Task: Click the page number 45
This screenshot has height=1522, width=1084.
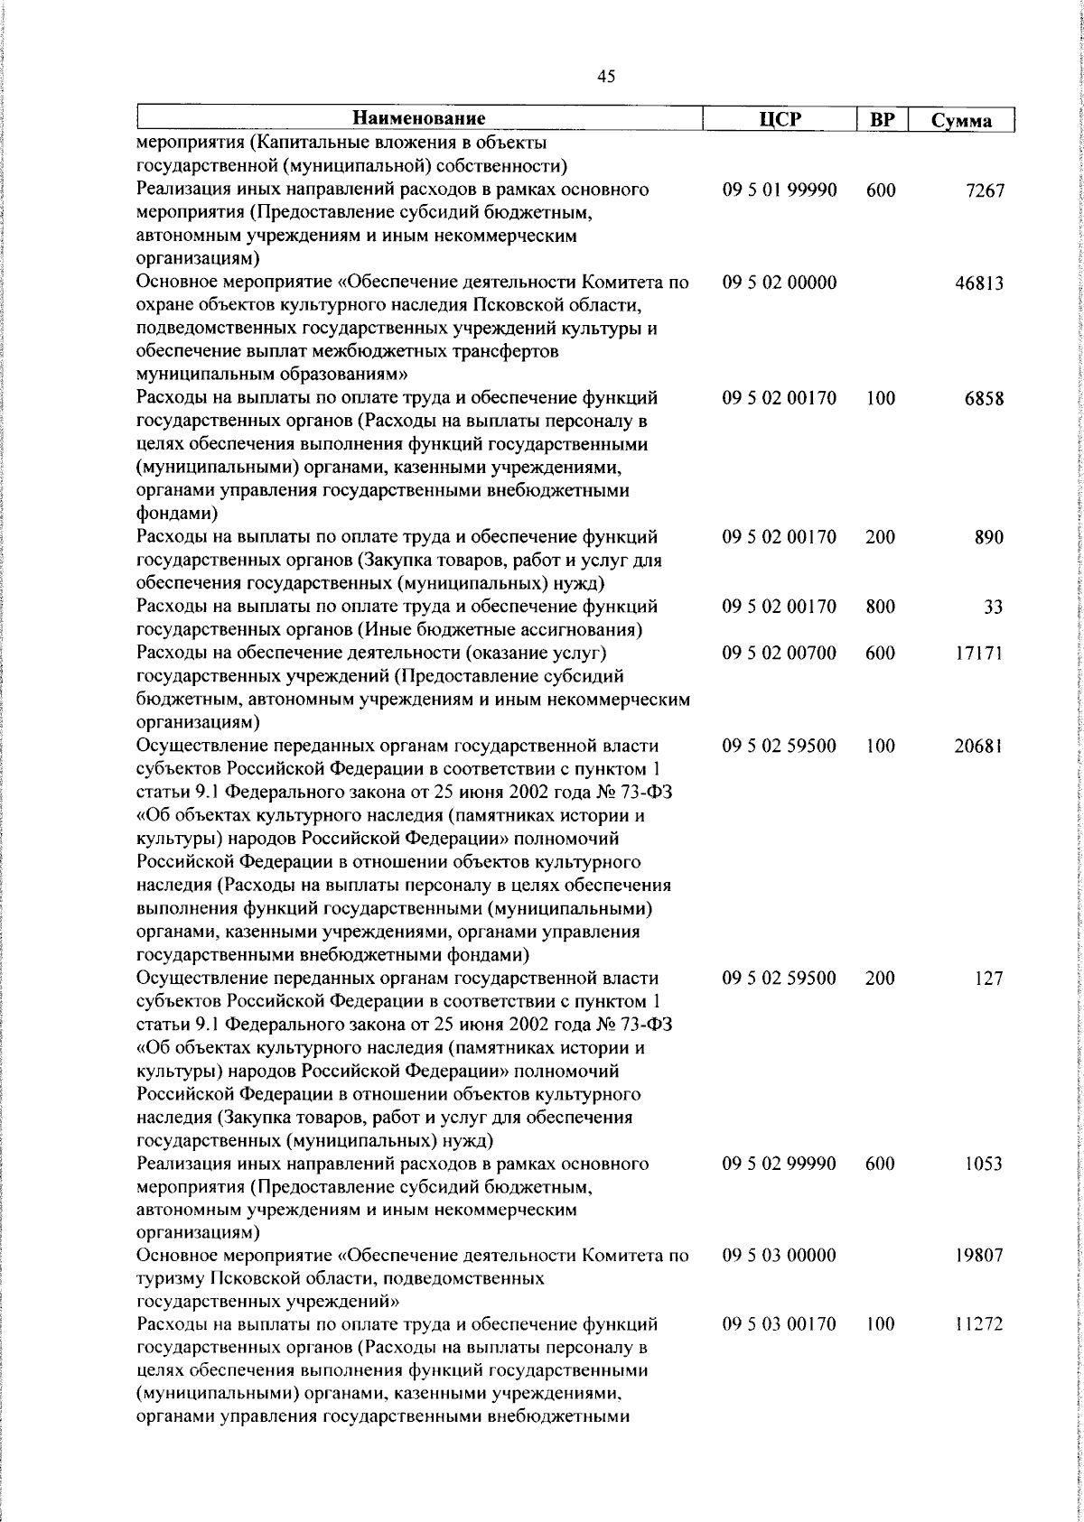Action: [x=606, y=78]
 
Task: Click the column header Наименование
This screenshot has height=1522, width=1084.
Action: [x=419, y=118]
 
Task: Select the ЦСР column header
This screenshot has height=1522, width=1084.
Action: [x=780, y=119]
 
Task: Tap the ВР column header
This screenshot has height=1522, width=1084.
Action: [x=881, y=119]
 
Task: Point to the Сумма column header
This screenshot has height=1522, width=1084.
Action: [x=961, y=120]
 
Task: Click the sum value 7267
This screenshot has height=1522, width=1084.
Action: [x=985, y=191]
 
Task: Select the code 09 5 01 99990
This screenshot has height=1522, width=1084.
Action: [x=780, y=190]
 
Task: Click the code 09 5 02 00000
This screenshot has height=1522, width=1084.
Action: [x=780, y=283]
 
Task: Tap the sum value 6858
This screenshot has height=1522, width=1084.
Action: [x=985, y=399]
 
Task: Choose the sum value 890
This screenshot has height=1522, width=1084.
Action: [x=989, y=538]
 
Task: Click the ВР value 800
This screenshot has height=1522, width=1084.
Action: [x=880, y=607]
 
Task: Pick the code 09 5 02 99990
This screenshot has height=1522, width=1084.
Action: [x=780, y=1164]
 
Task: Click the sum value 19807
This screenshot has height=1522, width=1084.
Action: [x=980, y=1256]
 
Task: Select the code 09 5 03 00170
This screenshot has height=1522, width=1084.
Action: [x=780, y=1324]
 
